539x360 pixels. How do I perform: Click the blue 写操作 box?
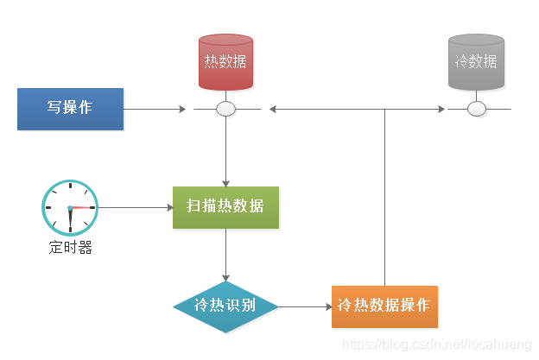[70, 109]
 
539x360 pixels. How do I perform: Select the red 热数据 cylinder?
[225, 62]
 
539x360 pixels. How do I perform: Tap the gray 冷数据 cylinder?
[476, 62]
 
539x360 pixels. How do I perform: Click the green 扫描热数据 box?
[225, 207]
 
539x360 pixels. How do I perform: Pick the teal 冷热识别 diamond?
[225, 306]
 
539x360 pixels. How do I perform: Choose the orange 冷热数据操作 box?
[384, 306]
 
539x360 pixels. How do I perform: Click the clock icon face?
[69, 207]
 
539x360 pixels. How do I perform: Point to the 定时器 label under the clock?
[70, 249]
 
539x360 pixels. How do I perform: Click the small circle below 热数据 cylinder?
[225, 110]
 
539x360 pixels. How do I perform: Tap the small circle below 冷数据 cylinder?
[476, 110]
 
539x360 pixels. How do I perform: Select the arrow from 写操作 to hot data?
[155, 110]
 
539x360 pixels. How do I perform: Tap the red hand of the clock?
[82, 208]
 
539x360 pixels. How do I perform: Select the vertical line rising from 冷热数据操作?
[384, 199]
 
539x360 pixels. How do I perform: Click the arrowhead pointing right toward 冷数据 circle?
[442, 110]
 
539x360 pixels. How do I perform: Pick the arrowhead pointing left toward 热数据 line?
[273, 110]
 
